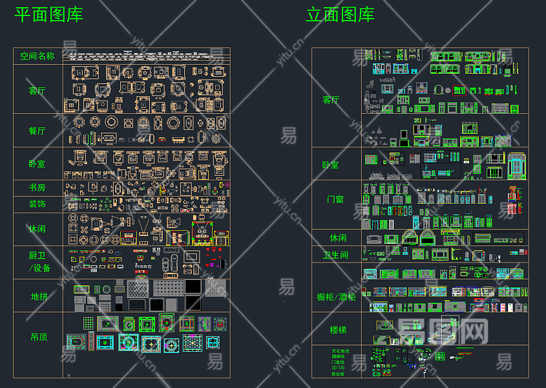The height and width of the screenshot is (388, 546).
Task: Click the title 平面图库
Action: point(49,14)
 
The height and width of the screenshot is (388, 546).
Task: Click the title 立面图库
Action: point(340,14)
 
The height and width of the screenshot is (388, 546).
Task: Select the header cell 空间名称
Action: point(37,56)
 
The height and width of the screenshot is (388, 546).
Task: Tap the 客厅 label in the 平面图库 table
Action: point(37,91)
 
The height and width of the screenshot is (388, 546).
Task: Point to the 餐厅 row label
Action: point(37,131)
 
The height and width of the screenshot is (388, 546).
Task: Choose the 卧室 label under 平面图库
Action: point(37,164)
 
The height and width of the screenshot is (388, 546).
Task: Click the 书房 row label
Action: point(37,188)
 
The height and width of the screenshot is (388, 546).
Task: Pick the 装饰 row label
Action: point(37,204)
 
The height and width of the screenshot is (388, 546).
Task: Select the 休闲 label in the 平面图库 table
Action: point(37,229)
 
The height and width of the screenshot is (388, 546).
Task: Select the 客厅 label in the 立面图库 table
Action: point(331,100)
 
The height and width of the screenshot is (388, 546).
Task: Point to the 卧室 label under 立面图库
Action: point(331,164)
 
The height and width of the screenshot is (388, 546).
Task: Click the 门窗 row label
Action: point(336,199)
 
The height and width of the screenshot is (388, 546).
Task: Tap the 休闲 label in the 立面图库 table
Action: point(338,238)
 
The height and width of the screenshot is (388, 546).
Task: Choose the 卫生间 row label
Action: point(336,255)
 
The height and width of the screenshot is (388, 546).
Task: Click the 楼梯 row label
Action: point(338,330)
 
